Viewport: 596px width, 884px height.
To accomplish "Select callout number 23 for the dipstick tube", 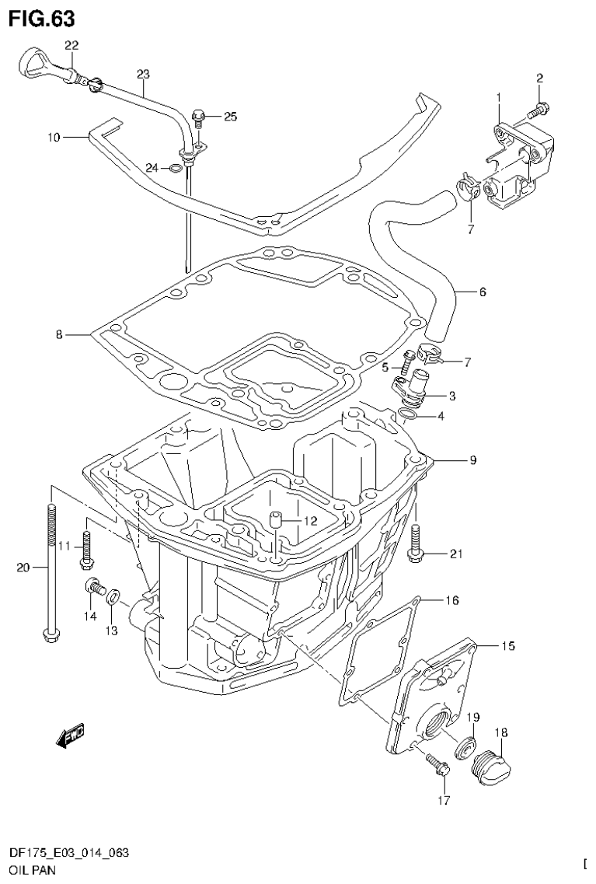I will tap(143, 75).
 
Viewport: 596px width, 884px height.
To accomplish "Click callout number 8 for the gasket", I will tap(58, 335).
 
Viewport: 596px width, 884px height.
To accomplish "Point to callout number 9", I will tap(472, 460).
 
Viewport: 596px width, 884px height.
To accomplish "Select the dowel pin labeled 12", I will tap(275, 520).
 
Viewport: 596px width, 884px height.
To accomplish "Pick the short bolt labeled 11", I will tap(85, 548).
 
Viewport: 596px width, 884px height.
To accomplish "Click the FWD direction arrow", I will tap(70, 735).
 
